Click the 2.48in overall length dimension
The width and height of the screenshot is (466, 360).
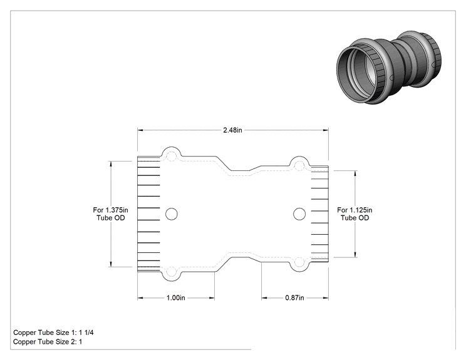(232, 130)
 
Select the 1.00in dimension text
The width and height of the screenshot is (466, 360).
(175, 297)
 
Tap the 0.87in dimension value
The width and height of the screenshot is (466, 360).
(294, 297)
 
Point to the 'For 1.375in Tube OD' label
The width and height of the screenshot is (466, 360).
(111, 214)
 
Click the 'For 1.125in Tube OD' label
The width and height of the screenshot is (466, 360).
(355, 214)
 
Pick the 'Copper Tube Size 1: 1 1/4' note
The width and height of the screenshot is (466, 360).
(53, 332)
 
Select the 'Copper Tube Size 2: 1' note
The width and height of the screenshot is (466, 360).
(48, 342)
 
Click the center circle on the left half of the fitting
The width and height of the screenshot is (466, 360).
(172, 214)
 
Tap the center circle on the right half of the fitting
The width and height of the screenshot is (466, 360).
(299, 214)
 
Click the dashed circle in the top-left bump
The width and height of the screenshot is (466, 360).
(171, 157)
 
